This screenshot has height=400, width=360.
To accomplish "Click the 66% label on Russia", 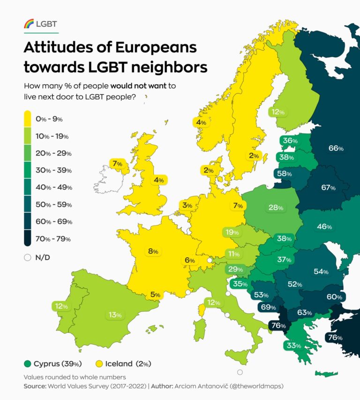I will point(336,148).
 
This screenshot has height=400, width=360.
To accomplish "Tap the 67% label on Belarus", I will point(328,188).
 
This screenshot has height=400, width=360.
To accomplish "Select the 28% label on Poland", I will point(276,207).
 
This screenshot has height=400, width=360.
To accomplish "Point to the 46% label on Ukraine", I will point(324,226).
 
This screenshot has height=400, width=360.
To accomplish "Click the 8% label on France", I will point(153,251).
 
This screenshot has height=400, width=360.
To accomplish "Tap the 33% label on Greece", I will point(291,346).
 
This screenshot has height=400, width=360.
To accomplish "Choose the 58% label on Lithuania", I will point(285,174).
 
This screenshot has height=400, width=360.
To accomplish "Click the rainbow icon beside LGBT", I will point(29,24).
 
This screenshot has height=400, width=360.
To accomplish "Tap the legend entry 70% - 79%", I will point(53,239).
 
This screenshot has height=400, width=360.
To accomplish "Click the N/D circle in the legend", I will point(27,257).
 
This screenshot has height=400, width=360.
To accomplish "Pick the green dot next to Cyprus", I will point(28,363).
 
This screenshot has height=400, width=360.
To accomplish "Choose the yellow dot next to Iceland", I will point(99,363).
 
